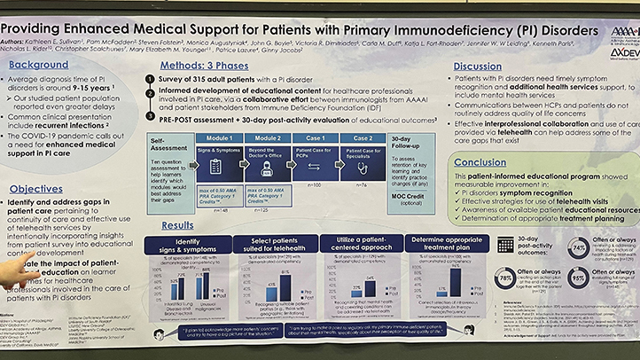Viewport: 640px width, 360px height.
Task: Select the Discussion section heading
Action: coord(478,67)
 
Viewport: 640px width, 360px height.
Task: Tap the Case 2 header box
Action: coord(363,138)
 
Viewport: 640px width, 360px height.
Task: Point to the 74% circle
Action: coord(578,248)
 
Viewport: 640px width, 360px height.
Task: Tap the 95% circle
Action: coord(577,280)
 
